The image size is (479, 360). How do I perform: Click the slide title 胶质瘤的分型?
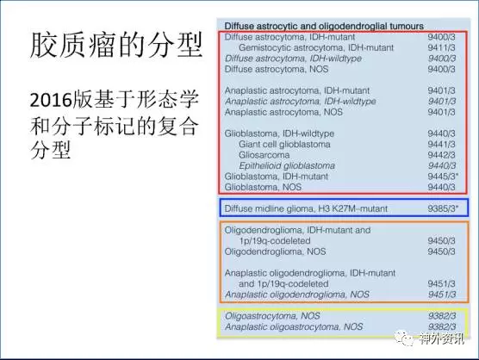(x=116, y=45)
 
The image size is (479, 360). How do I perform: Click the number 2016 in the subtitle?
(x=51, y=100)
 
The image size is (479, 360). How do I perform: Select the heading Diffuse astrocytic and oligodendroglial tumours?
(x=324, y=26)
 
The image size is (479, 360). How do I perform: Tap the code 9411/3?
(x=441, y=47)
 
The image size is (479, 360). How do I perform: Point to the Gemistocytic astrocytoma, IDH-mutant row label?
(x=316, y=48)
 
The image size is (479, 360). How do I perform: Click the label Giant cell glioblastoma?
(x=284, y=144)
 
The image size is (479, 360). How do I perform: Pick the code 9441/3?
(x=441, y=144)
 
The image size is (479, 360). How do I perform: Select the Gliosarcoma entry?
(x=264, y=155)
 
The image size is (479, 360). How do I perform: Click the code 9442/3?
(x=441, y=155)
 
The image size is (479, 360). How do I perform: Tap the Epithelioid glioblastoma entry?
(x=287, y=165)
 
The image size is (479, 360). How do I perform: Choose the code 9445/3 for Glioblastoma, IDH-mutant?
(x=443, y=177)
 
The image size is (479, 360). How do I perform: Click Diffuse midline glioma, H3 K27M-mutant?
(x=306, y=208)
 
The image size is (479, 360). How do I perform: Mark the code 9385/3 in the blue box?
(x=443, y=208)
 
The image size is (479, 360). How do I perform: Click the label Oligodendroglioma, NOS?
(x=275, y=251)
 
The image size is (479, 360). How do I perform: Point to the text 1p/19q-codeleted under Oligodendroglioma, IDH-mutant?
(x=275, y=241)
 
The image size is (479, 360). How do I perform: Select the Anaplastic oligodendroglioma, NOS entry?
(x=297, y=295)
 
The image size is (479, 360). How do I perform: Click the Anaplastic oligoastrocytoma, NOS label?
(x=294, y=326)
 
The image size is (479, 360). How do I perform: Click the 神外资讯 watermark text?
(x=442, y=338)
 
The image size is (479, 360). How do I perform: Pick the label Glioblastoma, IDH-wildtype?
(x=279, y=133)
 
